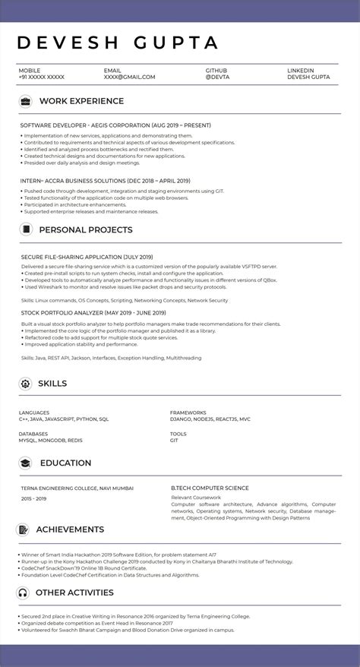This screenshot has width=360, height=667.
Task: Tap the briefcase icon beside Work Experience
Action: point(25,101)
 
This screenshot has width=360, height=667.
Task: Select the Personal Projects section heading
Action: point(85,229)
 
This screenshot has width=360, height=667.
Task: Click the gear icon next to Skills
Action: point(25,384)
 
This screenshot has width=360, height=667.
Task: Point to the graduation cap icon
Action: point(25,463)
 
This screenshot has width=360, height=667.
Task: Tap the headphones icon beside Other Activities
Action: point(24,593)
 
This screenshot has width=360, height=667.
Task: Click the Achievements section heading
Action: point(70,529)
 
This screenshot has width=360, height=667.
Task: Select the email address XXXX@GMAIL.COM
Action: point(129,77)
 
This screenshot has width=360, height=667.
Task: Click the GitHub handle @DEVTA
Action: point(216,77)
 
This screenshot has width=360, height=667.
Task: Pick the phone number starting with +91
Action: point(41,77)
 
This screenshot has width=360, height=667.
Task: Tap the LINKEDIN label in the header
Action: point(300,70)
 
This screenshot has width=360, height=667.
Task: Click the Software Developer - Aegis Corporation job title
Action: point(115,125)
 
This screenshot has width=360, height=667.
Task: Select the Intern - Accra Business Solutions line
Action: point(105,181)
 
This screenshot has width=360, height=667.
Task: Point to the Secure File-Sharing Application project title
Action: point(87,258)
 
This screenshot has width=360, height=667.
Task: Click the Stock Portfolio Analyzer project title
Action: point(93,312)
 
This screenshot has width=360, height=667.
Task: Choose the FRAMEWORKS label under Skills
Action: point(188,413)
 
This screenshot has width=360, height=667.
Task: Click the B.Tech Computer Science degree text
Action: point(210,488)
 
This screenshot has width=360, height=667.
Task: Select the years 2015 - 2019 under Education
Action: point(33,498)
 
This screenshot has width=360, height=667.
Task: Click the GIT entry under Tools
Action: point(174,441)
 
